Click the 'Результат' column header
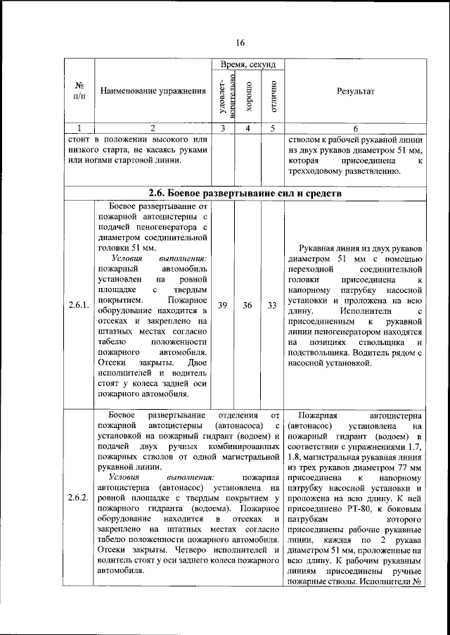pos(356,92)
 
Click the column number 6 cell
pos(356,128)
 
